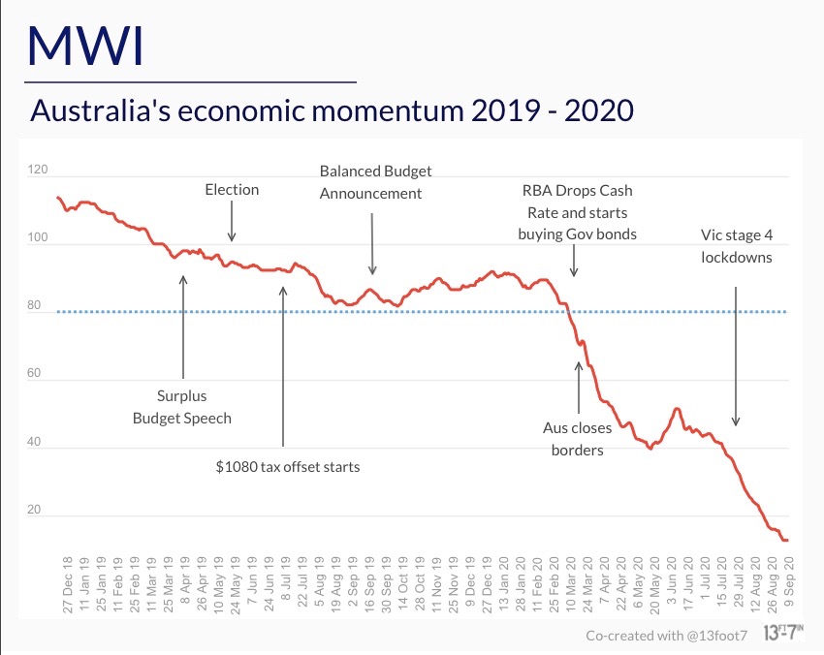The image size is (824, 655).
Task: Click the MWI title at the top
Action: (86, 45)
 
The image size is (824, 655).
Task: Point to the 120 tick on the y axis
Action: (39, 171)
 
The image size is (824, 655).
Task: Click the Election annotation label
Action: (232, 190)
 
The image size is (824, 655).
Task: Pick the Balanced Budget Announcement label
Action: (375, 182)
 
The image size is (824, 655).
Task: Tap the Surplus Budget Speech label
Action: (182, 407)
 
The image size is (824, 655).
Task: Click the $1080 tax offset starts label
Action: (288, 467)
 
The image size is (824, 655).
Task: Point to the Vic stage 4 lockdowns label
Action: (737, 246)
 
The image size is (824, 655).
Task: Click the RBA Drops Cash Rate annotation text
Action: (577, 212)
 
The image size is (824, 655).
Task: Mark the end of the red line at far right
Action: (786, 541)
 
